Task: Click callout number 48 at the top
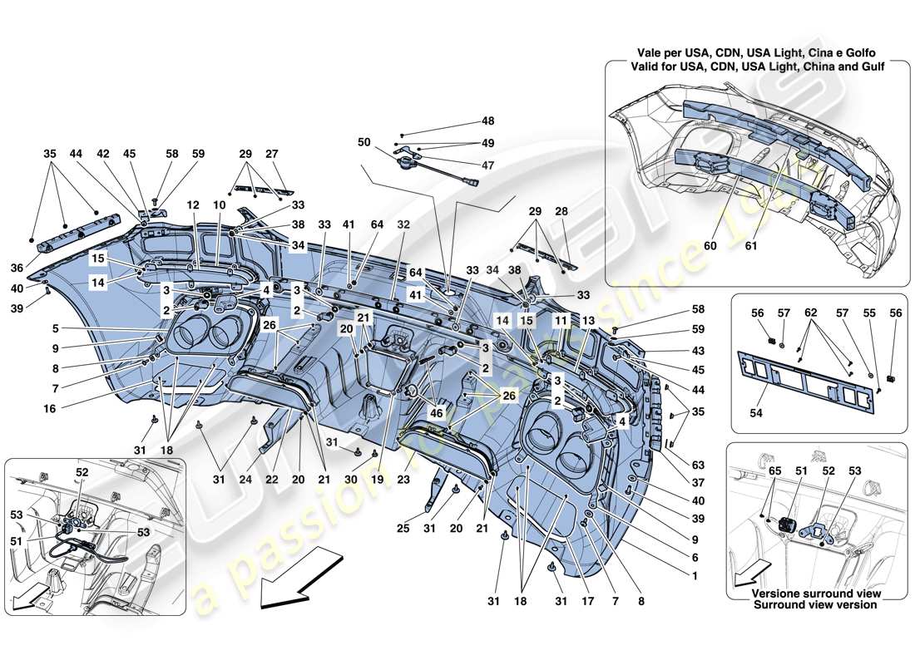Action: (487, 121)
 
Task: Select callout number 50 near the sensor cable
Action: (365, 143)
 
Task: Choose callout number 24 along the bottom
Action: (245, 480)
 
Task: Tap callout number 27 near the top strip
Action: (272, 154)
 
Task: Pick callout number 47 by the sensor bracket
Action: (487, 165)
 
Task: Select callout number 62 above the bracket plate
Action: (810, 313)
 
